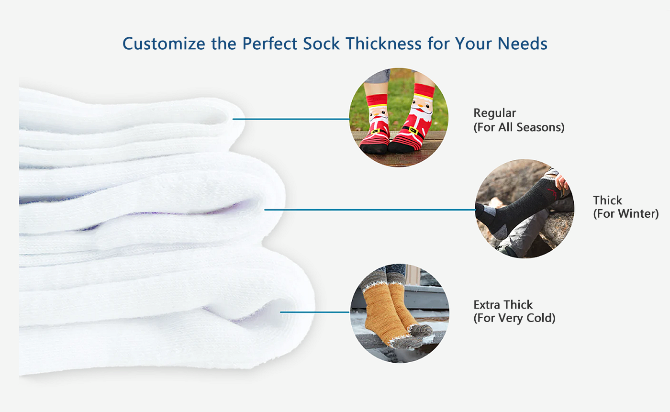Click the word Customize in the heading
pos(164,44)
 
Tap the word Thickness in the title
pos(383,44)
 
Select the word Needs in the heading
pos(522,44)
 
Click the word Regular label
pos(494,113)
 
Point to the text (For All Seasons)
pos(519,127)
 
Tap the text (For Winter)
pos(626,213)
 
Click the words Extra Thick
pos(503,305)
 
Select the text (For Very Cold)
pos(514,318)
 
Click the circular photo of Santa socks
pos(399,117)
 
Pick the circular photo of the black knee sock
pos(525,209)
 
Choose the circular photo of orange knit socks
pos(400,313)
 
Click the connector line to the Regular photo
pos(291,119)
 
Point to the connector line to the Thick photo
pos(370,210)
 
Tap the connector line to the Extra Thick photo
pos(315,312)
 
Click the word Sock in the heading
pos(321,44)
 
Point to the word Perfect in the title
pos(269,44)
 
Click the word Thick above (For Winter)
pos(607,200)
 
